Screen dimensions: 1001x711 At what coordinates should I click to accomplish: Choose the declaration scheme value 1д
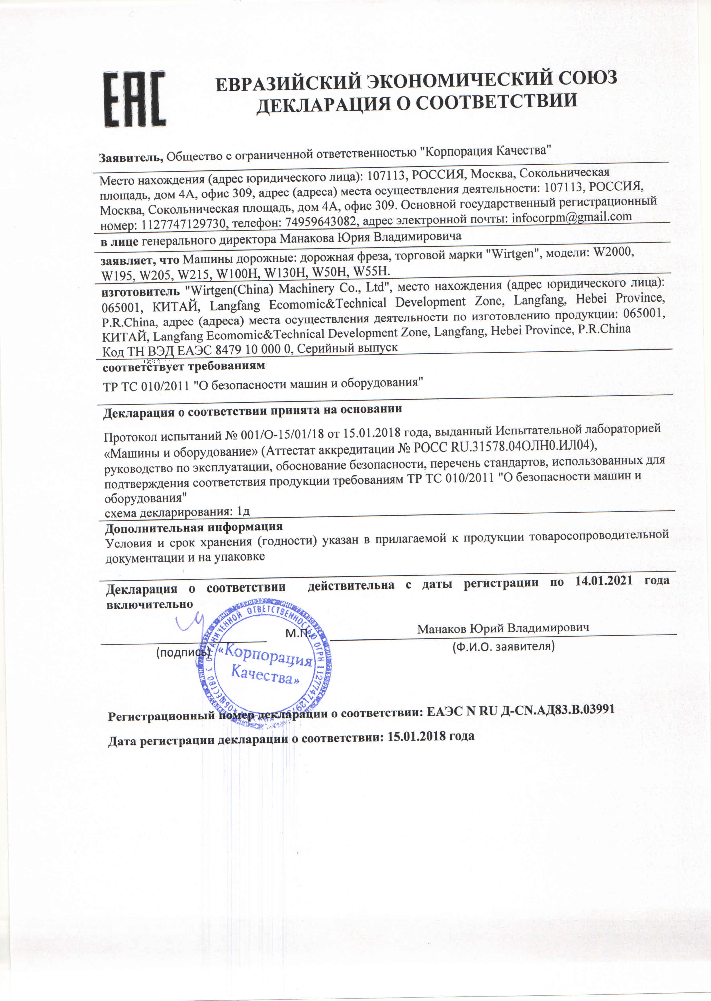(243, 511)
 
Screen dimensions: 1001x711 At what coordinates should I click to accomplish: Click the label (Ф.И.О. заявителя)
(503, 646)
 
